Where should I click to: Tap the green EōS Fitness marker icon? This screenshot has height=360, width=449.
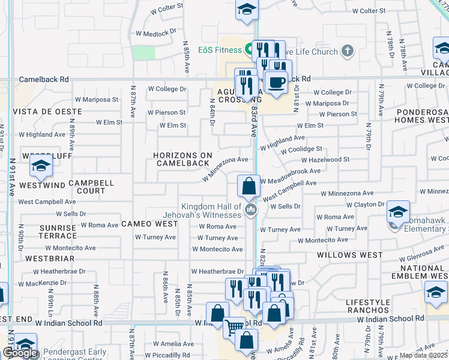(249, 49)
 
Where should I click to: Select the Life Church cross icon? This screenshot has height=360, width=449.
(347, 51)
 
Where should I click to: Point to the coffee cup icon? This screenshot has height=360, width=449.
(276, 82)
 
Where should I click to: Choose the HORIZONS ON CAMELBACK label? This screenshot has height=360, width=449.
(183, 159)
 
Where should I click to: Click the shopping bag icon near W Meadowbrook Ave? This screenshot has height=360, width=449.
(249, 187)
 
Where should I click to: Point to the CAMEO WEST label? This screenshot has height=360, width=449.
(149, 224)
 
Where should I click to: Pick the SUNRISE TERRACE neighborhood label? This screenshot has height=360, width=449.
(58, 232)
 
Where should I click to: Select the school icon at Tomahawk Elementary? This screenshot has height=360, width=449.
(398, 212)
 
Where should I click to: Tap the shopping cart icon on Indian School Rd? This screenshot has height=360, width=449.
(234, 327)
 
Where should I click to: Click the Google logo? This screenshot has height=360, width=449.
(20, 353)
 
